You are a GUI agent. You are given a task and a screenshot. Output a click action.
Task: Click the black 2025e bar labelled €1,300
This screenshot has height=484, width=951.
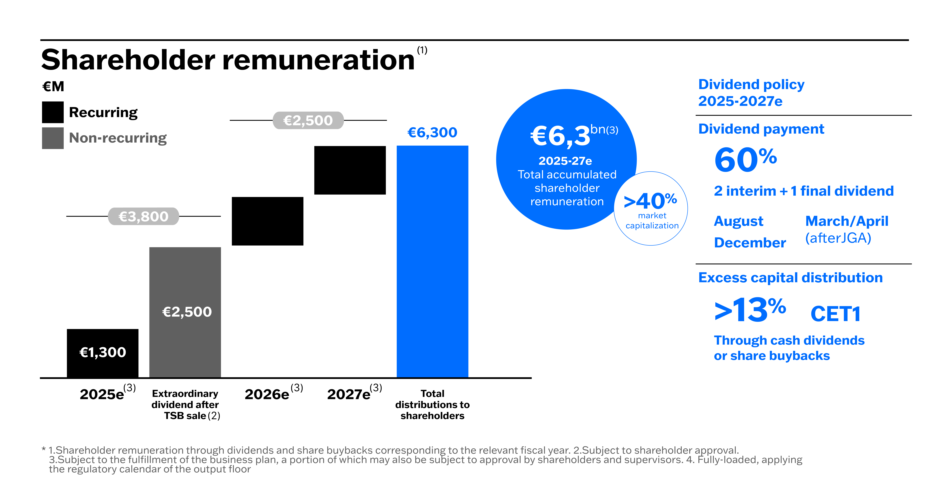(x=103, y=353)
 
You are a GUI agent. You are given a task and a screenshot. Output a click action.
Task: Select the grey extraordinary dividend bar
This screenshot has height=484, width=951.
(x=185, y=312)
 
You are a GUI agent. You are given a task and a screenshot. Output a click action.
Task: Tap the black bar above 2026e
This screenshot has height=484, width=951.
(x=268, y=221)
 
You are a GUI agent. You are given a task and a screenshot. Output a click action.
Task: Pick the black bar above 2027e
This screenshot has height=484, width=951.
(x=350, y=170)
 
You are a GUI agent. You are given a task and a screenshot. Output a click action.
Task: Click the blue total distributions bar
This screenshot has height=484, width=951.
(x=432, y=261)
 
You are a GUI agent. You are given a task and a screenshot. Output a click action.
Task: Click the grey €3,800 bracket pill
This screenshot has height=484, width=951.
(x=144, y=216)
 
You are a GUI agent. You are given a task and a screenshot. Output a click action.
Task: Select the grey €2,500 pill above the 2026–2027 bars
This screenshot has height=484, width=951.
(x=308, y=120)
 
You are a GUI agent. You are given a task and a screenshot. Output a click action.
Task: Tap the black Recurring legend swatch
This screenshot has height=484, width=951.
(x=53, y=112)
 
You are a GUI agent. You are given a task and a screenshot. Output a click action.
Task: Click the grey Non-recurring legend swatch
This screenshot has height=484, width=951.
(x=53, y=138)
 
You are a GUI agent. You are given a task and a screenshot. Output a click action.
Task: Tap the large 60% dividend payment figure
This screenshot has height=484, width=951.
(x=746, y=159)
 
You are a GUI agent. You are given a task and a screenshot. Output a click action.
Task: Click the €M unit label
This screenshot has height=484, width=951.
(x=53, y=86)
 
